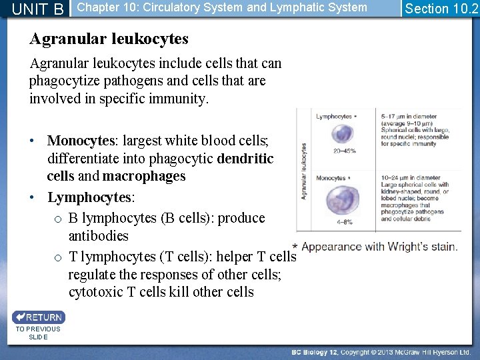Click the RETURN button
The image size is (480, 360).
[x=38, y=317]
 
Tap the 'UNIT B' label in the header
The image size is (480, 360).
[x=38, y=9]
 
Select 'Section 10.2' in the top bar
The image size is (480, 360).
[x=441, y=9]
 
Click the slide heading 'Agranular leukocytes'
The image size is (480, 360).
[x=109, y=39]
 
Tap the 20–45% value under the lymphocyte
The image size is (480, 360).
[x=345, y=151]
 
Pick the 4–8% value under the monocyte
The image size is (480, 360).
[x=344, y=221]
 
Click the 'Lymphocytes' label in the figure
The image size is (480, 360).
[x=335, y=117]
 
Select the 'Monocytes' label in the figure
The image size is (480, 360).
[x=331, y=178]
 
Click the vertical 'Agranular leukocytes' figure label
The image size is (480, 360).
[x=305, y=171]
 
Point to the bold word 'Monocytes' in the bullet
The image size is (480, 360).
[x=81, y=141]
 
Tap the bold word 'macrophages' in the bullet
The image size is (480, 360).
[x=143, y=177]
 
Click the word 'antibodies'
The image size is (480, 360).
[x=98, y=236]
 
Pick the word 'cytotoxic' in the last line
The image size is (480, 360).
[x=95, y=292]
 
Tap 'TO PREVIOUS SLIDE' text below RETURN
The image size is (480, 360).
[x=37, y=333]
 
